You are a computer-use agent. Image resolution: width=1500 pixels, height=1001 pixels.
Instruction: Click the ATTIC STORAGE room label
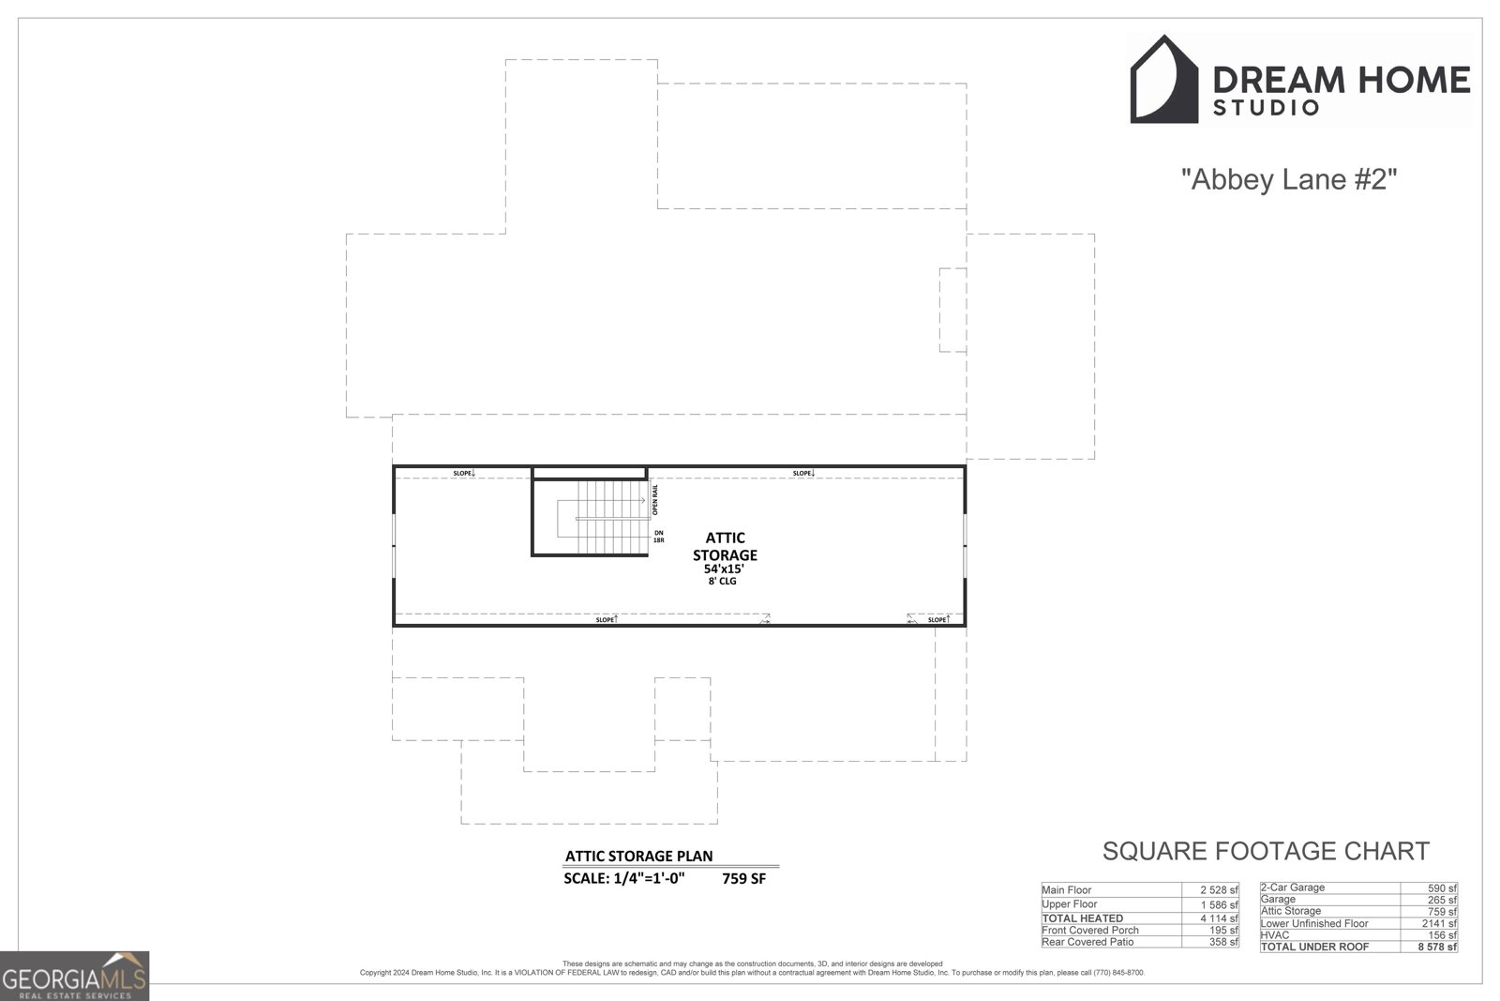click(725, 546)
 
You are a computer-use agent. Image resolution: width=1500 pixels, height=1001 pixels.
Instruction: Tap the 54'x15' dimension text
click(724, 569)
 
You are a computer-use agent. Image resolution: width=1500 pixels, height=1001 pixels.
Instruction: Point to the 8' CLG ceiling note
click(723, 582)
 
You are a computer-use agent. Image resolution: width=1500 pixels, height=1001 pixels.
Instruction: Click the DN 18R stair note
click(659, 537)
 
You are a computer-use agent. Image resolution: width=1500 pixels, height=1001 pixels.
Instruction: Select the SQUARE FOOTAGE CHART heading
click(1266, 851)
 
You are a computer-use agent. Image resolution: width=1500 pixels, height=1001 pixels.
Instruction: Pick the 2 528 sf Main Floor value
click(1219, 890)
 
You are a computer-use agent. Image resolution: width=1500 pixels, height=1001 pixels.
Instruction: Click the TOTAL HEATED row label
click(1082, 918)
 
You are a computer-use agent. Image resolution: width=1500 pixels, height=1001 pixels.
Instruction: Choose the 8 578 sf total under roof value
click(1437, 948)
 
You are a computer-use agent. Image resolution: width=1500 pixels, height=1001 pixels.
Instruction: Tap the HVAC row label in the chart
click(1275, 935)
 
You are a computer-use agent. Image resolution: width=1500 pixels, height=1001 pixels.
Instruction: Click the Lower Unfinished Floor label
click(1314, 923)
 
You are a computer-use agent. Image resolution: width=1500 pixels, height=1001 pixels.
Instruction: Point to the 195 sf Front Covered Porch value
click(1222, 931)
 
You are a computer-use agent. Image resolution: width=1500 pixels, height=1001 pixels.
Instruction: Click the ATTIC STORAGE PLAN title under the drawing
click(638, 856)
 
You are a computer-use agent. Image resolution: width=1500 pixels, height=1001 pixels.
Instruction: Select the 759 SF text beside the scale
click(743, 879)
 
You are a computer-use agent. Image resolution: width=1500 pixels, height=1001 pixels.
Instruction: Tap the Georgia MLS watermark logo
click(74, 977)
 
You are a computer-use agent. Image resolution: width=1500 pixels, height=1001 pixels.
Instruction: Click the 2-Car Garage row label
click(1293, 887)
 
